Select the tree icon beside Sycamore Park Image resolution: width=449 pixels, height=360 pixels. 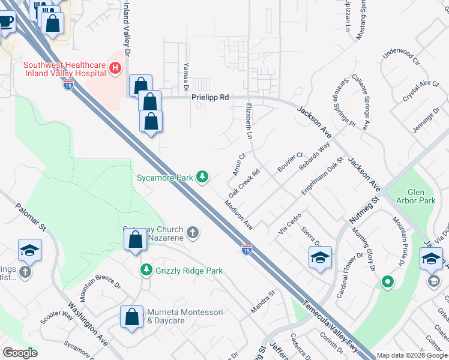(203, 176)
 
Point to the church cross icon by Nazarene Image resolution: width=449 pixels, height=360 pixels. (193, 232)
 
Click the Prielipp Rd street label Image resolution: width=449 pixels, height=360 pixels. (210, 97)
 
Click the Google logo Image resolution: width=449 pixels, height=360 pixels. (20, 352)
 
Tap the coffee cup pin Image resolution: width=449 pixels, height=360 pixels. (5, 22)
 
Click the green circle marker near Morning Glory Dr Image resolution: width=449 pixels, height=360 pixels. (388, 281)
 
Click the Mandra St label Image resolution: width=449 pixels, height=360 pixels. (262, 302)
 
